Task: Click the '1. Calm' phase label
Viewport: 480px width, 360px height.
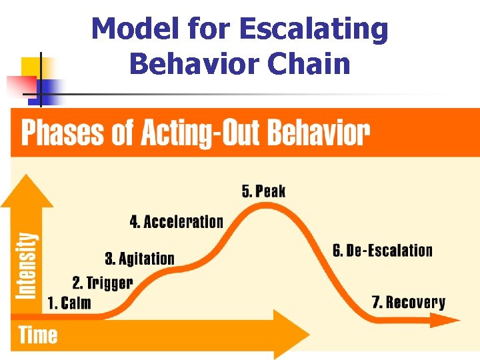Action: pos(69,303)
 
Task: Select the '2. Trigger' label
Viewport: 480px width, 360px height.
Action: pos(103,283)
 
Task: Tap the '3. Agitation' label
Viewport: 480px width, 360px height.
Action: pos(139,259)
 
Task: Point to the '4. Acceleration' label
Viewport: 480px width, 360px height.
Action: pos(176,222)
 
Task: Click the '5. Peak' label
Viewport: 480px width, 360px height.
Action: pos(263,191)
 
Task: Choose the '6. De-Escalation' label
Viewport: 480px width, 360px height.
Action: pos(382,251)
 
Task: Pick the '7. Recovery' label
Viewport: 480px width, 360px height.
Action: pos(408,303)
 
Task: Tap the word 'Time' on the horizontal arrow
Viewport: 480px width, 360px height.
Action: pos(38,335)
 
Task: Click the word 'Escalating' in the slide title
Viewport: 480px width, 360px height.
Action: pos(313,29)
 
